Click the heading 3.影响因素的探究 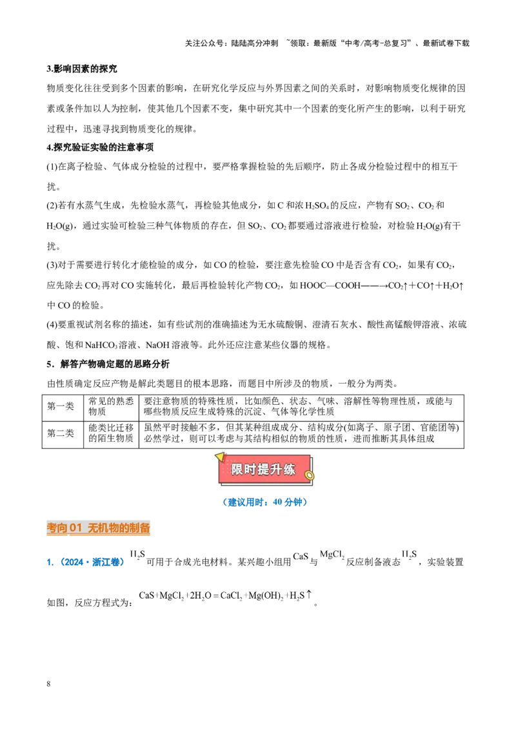click(81, 69)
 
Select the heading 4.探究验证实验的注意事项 click(100, 147)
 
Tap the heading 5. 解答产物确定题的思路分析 click(108, 364)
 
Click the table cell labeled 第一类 click(61, 406)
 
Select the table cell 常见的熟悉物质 click(111, 406)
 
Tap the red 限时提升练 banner click(264, 469)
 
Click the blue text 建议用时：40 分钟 click(264, 502)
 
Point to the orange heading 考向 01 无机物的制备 click(98, 528)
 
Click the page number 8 click(48, 684)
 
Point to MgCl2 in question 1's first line click(332, 555)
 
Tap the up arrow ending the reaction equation click(308, 594)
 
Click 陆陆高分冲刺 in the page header click(255, 43)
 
